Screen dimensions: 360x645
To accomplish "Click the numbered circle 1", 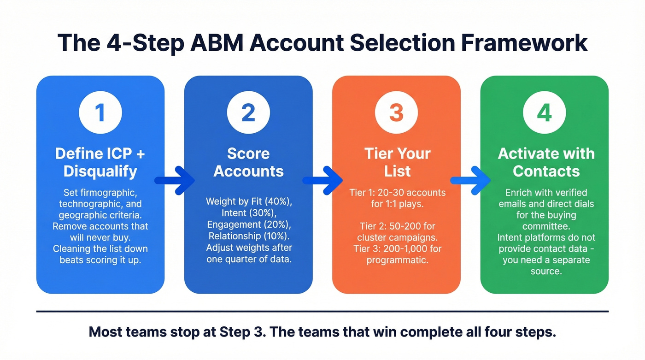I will [100, 113].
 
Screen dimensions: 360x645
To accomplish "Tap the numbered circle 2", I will [248, 113].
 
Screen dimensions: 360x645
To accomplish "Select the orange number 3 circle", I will [396, 113].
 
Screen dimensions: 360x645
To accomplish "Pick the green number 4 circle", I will [544, 113].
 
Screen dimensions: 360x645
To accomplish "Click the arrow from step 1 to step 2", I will [174, 180].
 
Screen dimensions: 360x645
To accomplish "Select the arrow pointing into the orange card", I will [322, 180].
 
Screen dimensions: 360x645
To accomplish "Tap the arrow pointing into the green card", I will [470, 180].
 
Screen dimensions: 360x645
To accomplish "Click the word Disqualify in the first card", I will [100, 171].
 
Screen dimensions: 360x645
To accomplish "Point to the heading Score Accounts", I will [248, 162].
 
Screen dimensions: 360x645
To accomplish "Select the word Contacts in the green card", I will [546, 171].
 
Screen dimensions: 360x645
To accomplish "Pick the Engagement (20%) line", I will [249, 224].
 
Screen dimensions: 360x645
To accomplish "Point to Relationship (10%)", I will [249, 236].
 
